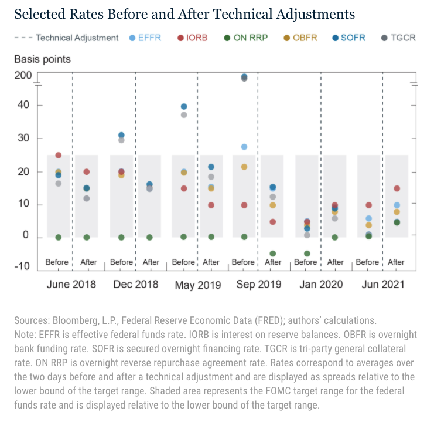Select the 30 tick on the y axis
coord(23,139)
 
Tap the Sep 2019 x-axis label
coord(258,285)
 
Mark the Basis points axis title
coord(35,59)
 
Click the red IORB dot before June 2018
coord(59,156)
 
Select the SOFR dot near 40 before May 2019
coord(184,106)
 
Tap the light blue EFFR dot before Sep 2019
coord(244,147)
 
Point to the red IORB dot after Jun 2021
coord(397,188)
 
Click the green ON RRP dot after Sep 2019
coord(273,254)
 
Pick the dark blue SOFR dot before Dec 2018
coord(121,136)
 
